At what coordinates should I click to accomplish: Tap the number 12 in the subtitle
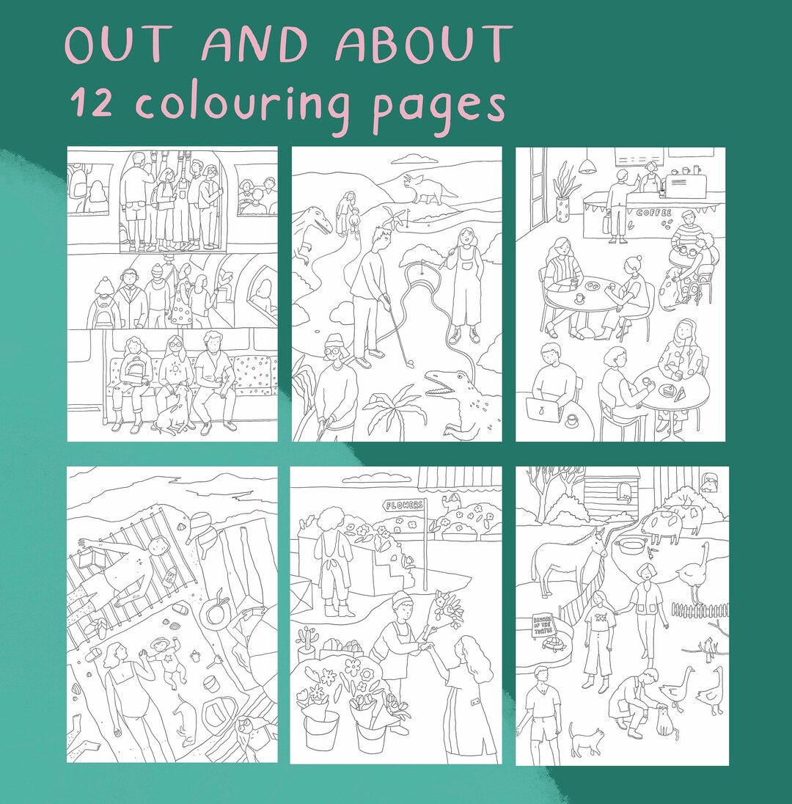[92, 103]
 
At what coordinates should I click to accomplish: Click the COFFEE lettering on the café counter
[653, 212]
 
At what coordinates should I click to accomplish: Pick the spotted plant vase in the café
[563, 210]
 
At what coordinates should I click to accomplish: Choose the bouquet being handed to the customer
[448, 609]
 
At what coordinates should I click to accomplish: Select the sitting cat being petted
[664, 720]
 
